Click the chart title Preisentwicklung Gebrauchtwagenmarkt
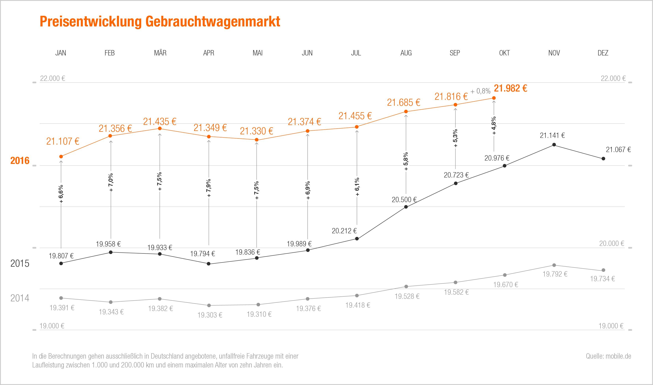(160, 21)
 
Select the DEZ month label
(603, 53)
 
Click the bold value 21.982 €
(510, 89)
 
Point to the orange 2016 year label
(20, 161)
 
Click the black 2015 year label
(20, 264)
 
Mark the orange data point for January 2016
(61, 156)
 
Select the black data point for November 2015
(554, 145)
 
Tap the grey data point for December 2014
(603, 270)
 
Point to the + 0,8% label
(480, 91)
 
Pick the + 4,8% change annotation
(494, 126)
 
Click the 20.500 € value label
(404, 200)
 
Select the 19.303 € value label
(210, 315)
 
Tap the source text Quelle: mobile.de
(608, 356)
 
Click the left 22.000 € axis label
(53, 78)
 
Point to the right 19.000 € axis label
(611, 326)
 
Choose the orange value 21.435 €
(160, 121)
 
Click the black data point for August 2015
(406, 207)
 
